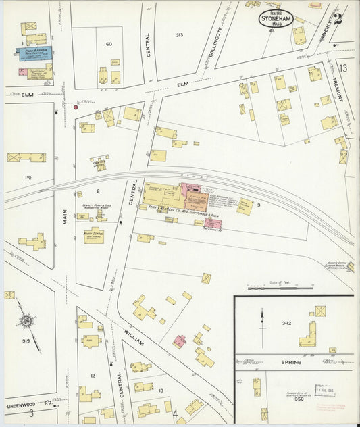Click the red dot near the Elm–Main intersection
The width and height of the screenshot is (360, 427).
(76, 107)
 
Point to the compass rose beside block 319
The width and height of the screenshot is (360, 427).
(28, 324)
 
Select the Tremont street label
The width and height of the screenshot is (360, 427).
(340, 89)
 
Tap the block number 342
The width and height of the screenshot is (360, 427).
(286, 324)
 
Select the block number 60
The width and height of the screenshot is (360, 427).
(108, 44)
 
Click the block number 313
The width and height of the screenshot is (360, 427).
(179, 34)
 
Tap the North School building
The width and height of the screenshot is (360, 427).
(94, 235)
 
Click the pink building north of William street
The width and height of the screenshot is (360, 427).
(179, 341)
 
